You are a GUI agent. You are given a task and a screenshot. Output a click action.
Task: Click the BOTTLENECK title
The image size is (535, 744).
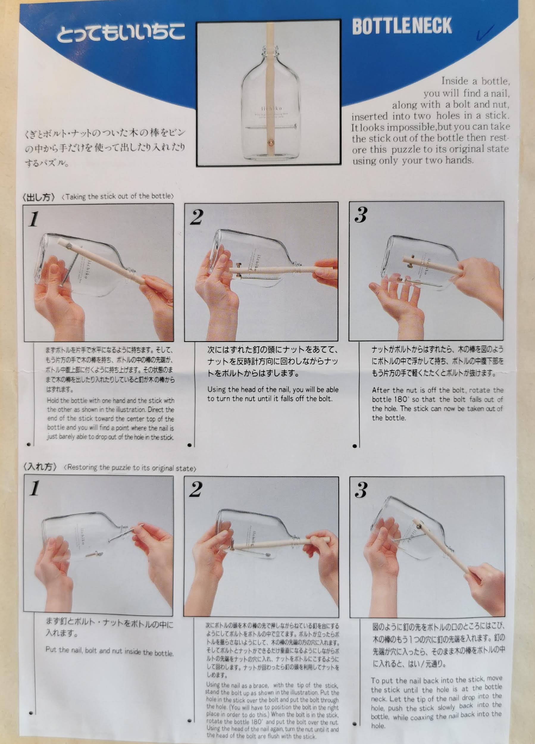pyautogui.click(x=402, y=26)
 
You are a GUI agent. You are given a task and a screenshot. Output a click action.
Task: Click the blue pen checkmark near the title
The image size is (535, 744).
pyautogui.click(x=485, y=33)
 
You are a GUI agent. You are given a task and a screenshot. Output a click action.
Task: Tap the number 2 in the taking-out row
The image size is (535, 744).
pyautogui.click(x=197, y=217)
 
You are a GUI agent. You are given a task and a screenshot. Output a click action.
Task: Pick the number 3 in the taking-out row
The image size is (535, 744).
pyautogui.click(x=361, y=215)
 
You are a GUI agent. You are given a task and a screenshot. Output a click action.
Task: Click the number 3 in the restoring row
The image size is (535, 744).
pyautogui.click(x=361, y=490)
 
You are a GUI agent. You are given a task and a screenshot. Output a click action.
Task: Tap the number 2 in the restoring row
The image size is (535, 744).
pyautogui.click(x=196, y=490)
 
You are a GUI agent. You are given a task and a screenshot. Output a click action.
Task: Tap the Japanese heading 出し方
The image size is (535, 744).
pyautogui.click(x=39, y=197)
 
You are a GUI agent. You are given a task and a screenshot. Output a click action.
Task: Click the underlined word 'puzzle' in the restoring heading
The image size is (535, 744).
pyautogui.click(x=121, y=468)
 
